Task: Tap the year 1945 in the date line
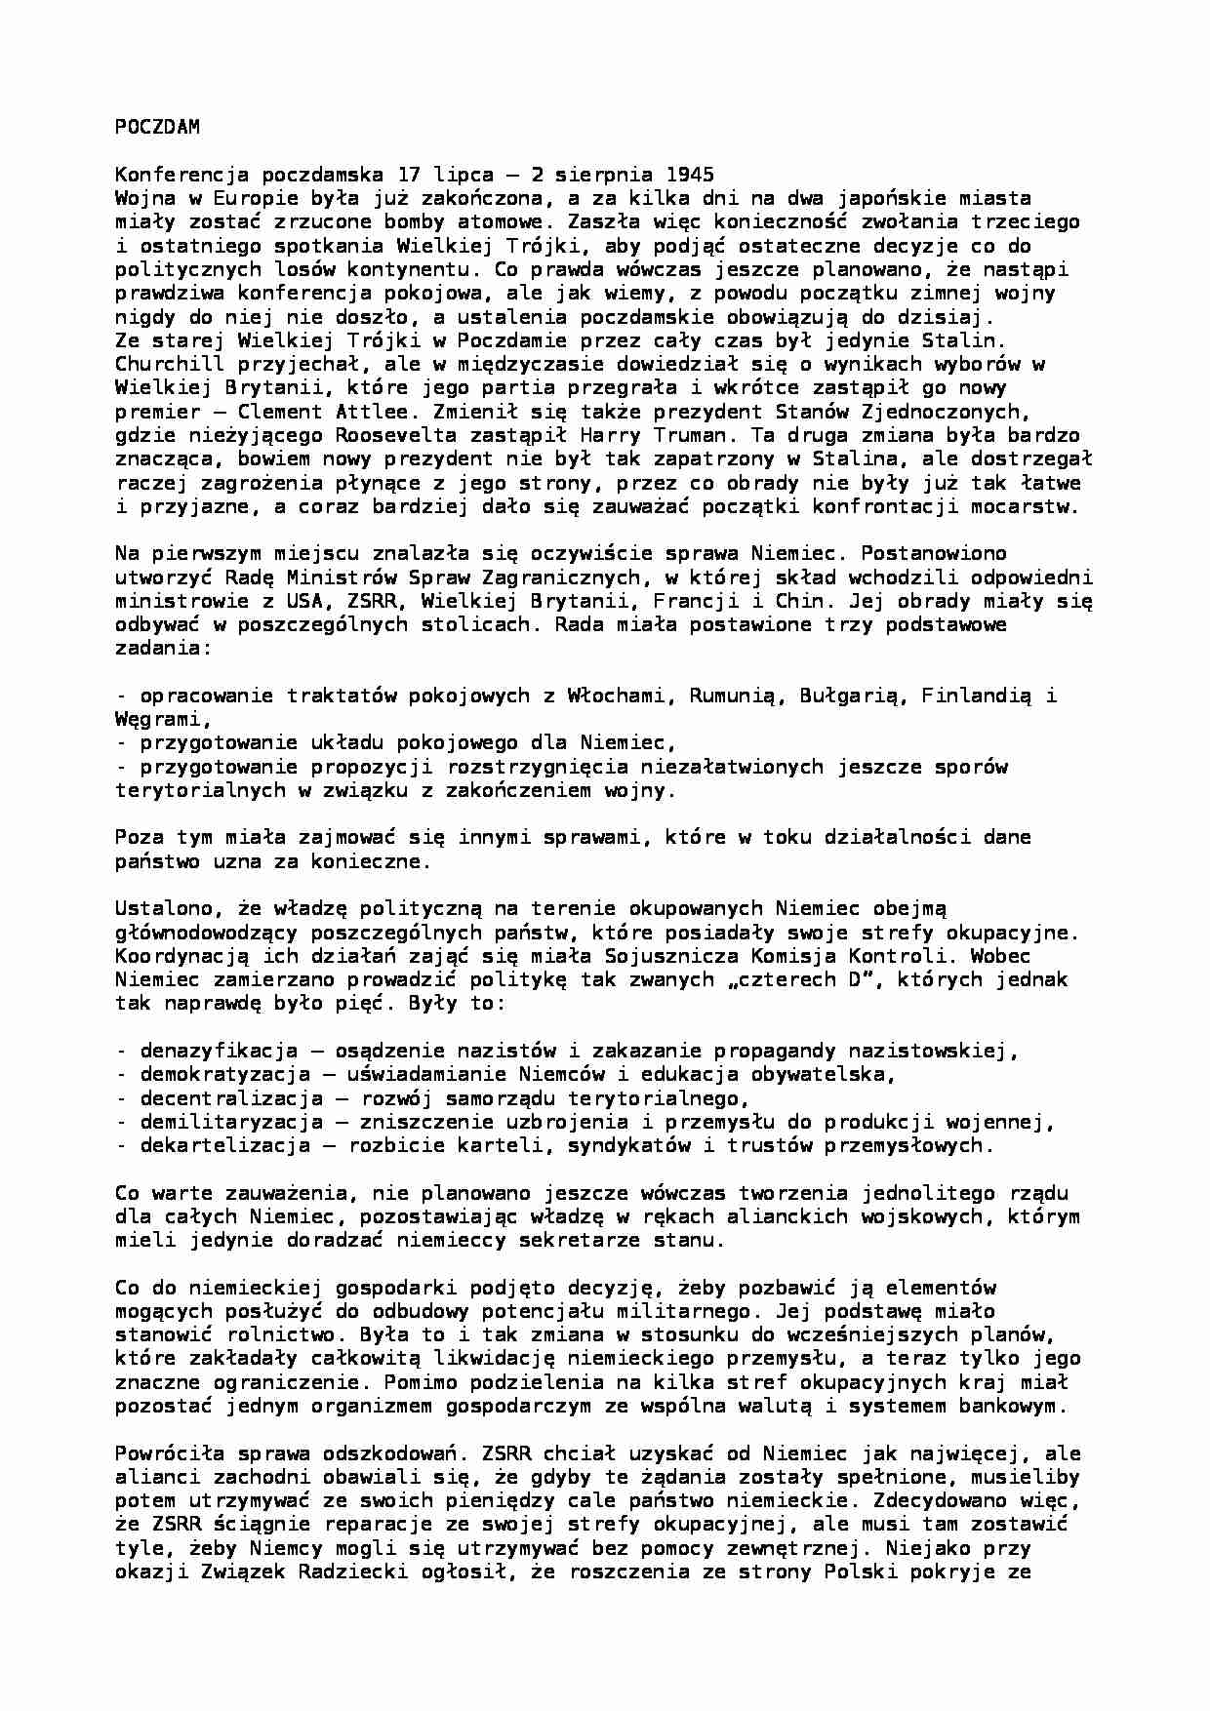[x=690, y=175]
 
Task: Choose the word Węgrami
[x=163, y=719]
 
